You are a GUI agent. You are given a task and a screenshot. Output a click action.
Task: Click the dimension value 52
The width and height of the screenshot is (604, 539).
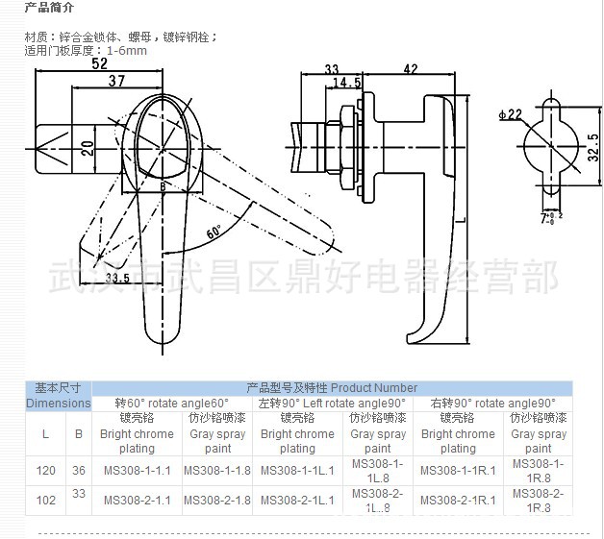(99, 64)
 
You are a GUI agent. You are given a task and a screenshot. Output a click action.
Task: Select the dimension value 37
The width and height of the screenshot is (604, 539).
(116, 82)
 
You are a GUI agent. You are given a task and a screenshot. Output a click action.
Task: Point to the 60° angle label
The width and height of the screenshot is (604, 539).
(214, 231)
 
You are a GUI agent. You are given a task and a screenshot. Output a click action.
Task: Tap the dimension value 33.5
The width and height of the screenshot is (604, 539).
(118, 279)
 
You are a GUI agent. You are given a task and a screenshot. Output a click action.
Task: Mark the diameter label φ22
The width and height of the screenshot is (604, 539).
(510, 115)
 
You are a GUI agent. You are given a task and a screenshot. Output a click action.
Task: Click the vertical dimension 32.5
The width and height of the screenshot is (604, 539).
(593, 149)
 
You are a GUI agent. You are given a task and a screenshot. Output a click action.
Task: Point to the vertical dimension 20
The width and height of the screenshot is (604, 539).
(88, 147)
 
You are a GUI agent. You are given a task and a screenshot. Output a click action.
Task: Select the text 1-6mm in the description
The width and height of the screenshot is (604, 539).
(127, 50)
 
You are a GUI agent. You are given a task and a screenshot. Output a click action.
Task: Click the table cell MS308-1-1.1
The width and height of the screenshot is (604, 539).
(137, 471)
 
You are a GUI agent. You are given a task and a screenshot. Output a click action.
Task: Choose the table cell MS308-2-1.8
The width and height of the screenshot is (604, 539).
(217, 500)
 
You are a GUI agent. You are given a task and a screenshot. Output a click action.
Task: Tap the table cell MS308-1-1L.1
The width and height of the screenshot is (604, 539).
(297, 471)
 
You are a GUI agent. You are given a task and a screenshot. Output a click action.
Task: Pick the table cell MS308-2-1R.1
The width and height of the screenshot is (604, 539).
(458, 500)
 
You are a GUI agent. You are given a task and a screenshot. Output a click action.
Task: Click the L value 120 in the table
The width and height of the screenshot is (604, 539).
(45, 471)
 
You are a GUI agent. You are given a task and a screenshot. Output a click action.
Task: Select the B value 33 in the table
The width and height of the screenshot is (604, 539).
(79, 494)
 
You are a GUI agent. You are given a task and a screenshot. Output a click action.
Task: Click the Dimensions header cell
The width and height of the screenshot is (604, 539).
(58, 404)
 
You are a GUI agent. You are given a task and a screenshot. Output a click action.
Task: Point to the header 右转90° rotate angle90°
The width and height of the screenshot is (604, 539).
(493, 404)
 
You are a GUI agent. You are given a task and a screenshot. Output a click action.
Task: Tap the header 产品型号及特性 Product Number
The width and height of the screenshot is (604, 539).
(332, 388)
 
